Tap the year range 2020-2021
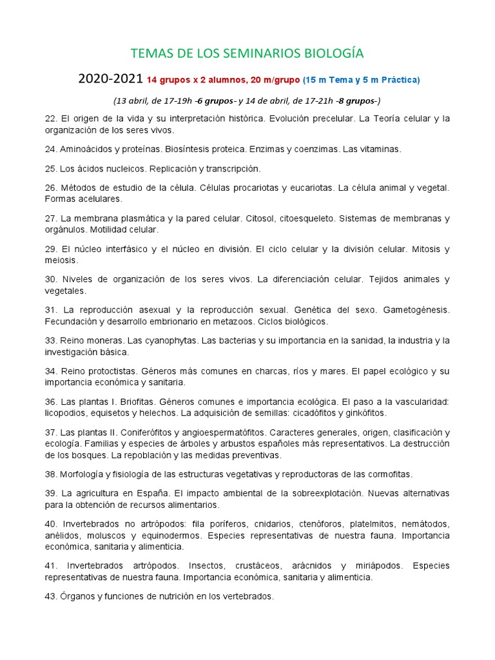pos(110,79)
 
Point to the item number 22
pos(51,119)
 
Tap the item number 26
pos(51,188)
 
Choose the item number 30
pos(51,279)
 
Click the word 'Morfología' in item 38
pos(82,474)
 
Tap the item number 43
pos(51,596)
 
